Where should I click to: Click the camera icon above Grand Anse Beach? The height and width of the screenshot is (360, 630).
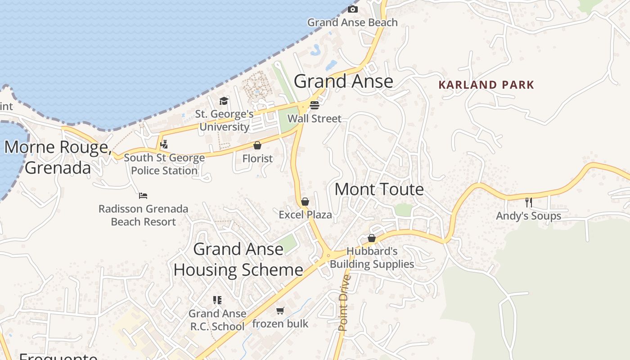tap(353, 9)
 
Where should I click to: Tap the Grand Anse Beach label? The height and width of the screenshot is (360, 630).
tap(352, 22)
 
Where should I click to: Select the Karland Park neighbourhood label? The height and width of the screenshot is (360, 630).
tap(486, 85)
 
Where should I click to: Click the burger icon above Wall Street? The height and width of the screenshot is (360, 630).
tap(314, 105)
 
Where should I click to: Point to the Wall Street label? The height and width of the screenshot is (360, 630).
tap(315, 119)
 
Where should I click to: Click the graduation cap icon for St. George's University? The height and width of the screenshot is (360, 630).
tap(224, 101)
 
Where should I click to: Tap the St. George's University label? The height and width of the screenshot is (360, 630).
tap(224, 121)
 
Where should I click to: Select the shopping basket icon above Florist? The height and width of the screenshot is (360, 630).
tap(257, 145)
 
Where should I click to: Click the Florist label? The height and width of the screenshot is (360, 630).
tap(257, 158)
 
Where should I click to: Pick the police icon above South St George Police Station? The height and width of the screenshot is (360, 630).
tap(164, 144)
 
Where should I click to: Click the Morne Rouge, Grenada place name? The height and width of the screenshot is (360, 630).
tap(58, 157)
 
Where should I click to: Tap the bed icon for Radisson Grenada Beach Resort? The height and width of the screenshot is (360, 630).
tap(143, 196)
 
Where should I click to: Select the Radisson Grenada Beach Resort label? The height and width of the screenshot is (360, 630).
tap(143, 215)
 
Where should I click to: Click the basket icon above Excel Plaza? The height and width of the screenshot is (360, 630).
tap(305, 202)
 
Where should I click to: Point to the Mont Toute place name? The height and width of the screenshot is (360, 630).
tap(379, 189)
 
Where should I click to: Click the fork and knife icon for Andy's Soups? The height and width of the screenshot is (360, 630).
tap(529, 202)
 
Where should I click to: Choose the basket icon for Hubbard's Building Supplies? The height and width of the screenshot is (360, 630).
tap(372, 238)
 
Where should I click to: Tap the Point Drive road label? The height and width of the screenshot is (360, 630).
tap(344, 303)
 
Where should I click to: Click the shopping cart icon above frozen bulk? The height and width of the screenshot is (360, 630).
tap(280, 310)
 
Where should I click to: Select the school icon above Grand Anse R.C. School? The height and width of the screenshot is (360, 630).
tap(217, 300)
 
